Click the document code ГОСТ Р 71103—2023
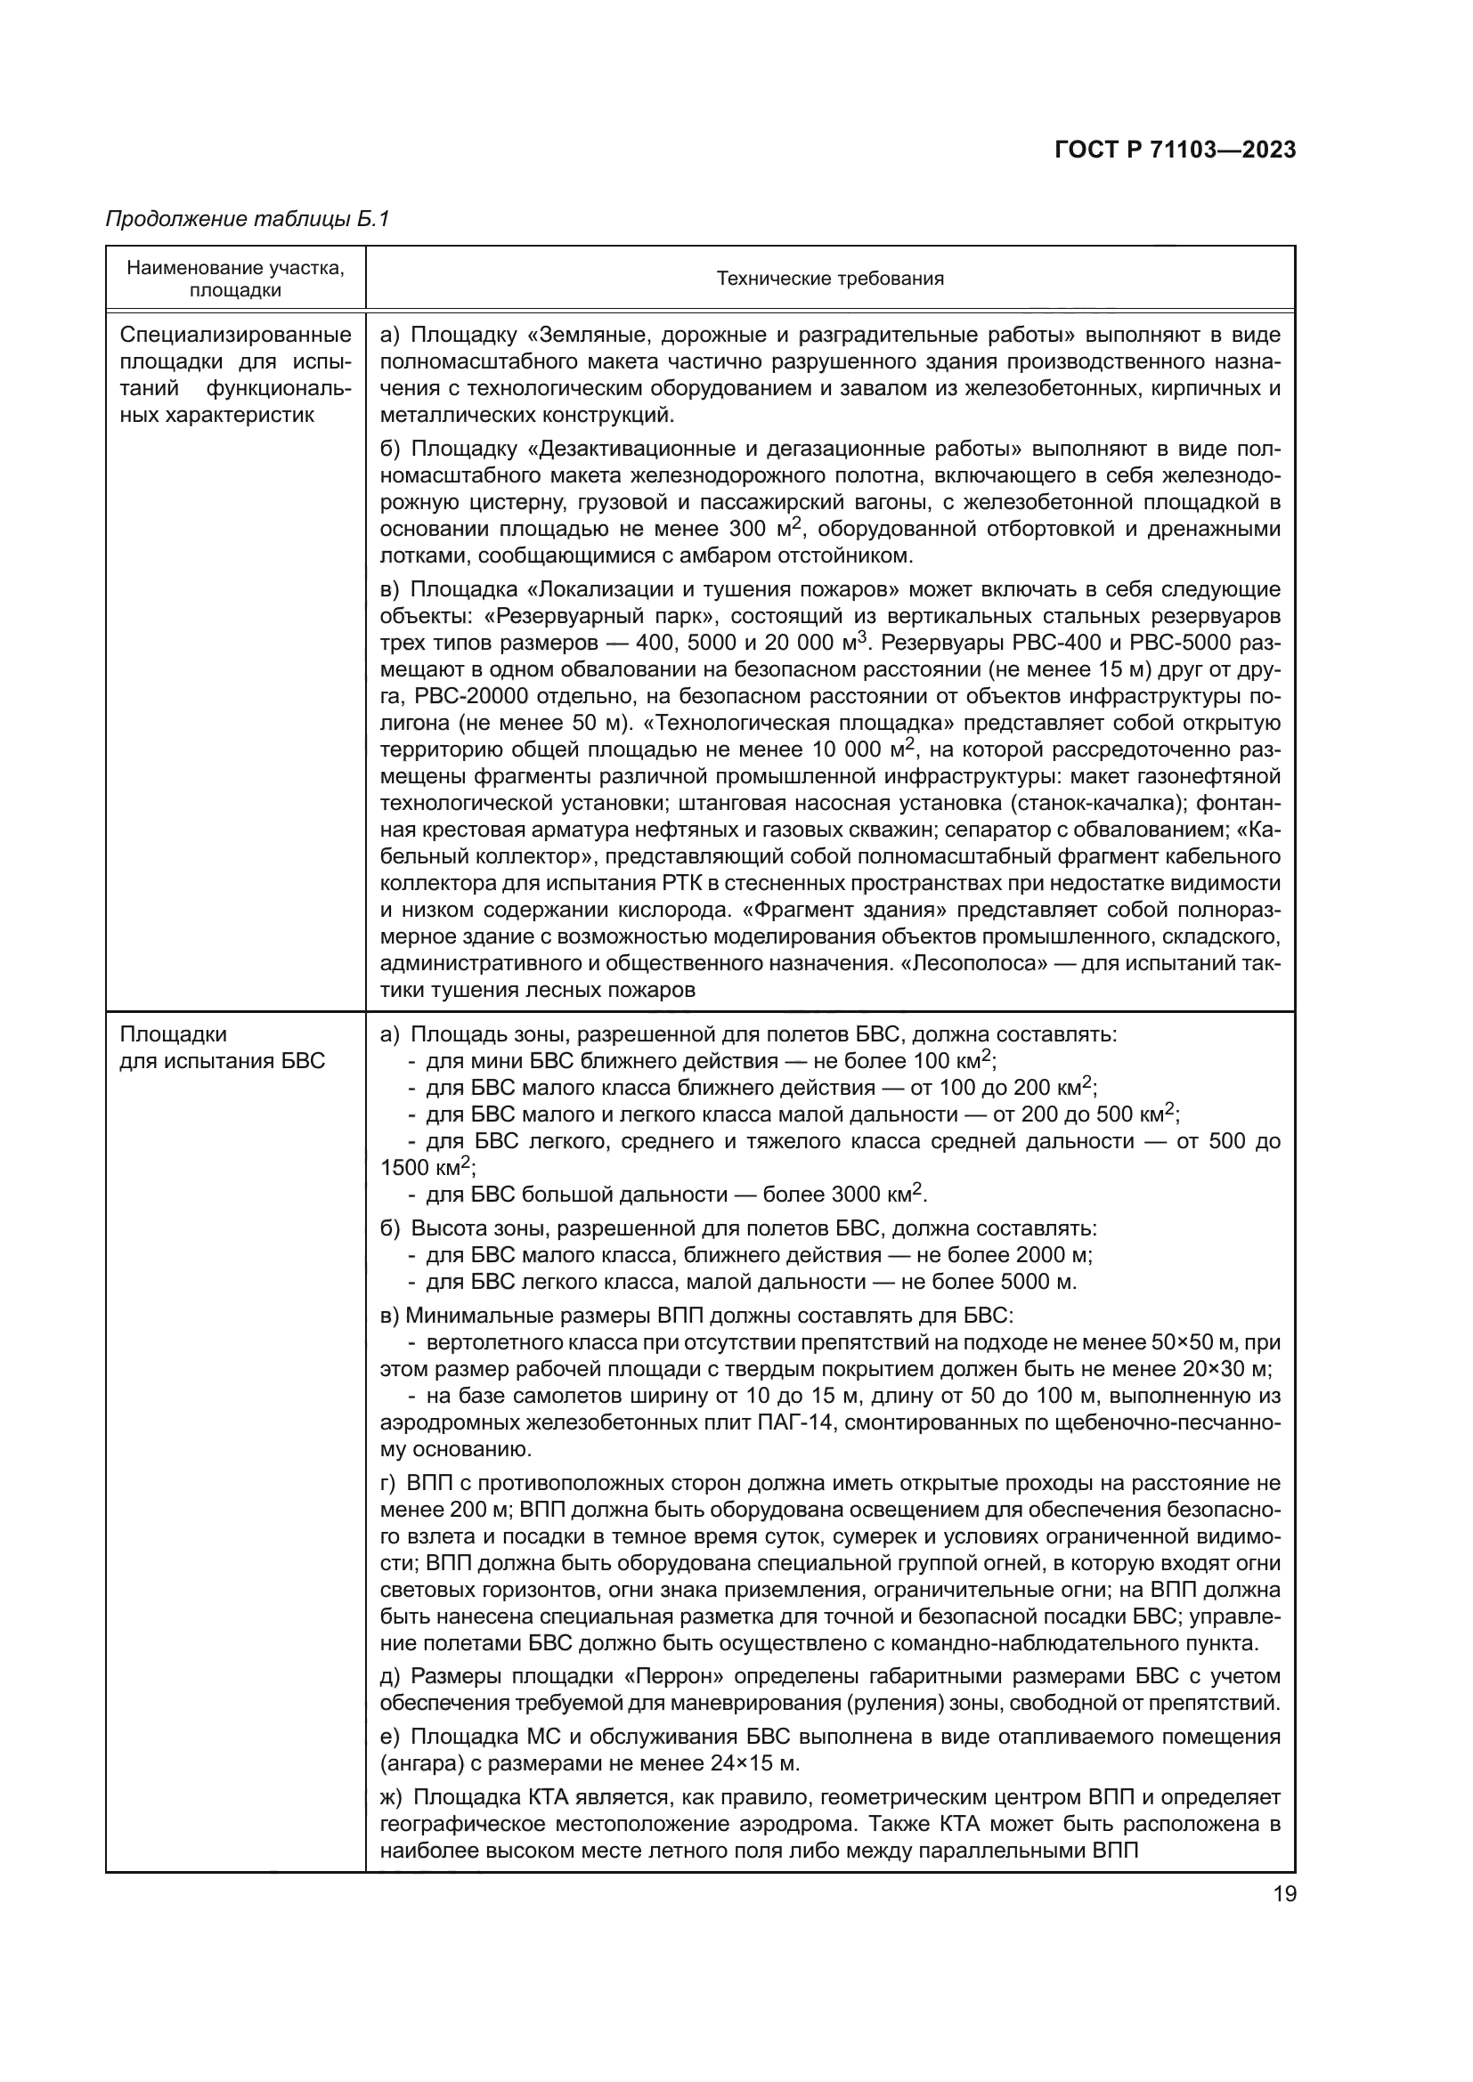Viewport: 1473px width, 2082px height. pyautogui.click(x=1175, y=150)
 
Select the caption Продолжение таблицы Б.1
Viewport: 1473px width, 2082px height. pyautogui.click(x=247, y=219)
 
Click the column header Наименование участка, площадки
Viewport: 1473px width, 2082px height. pyautogui.click(x=235, y=279)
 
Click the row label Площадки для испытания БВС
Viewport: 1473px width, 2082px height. pyautogui.click(x=223, y=1048)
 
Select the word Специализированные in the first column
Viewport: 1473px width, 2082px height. pyautogui.click(x=235, y=336)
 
